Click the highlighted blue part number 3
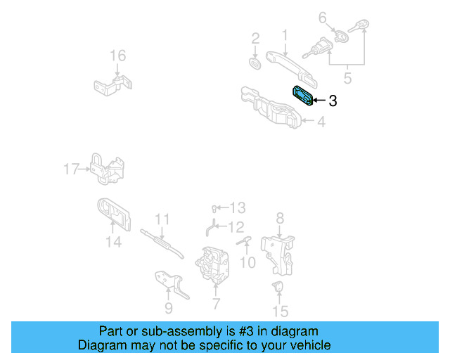(x=303, y=96)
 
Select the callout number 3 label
(x=333, y=101)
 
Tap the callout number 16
(x=117, y=56)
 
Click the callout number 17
(x=72, y=169)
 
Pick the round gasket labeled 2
(x=256, y=63)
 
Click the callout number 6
(x=322, y=17)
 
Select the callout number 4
(x=321, y=122)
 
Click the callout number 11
(x=162, y=219)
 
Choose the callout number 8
(x=280, y=218)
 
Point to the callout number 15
(x=280, y=311)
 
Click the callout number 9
(x=168, y=307)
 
